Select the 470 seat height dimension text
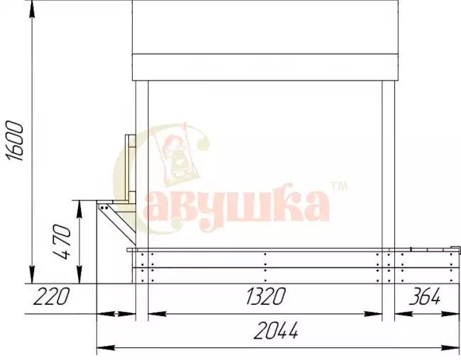62,242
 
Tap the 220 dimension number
51,296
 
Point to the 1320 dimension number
265,296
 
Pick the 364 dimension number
425,296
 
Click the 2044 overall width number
275,330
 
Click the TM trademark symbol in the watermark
339,186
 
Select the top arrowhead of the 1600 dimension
32,9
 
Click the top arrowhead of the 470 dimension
79,209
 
